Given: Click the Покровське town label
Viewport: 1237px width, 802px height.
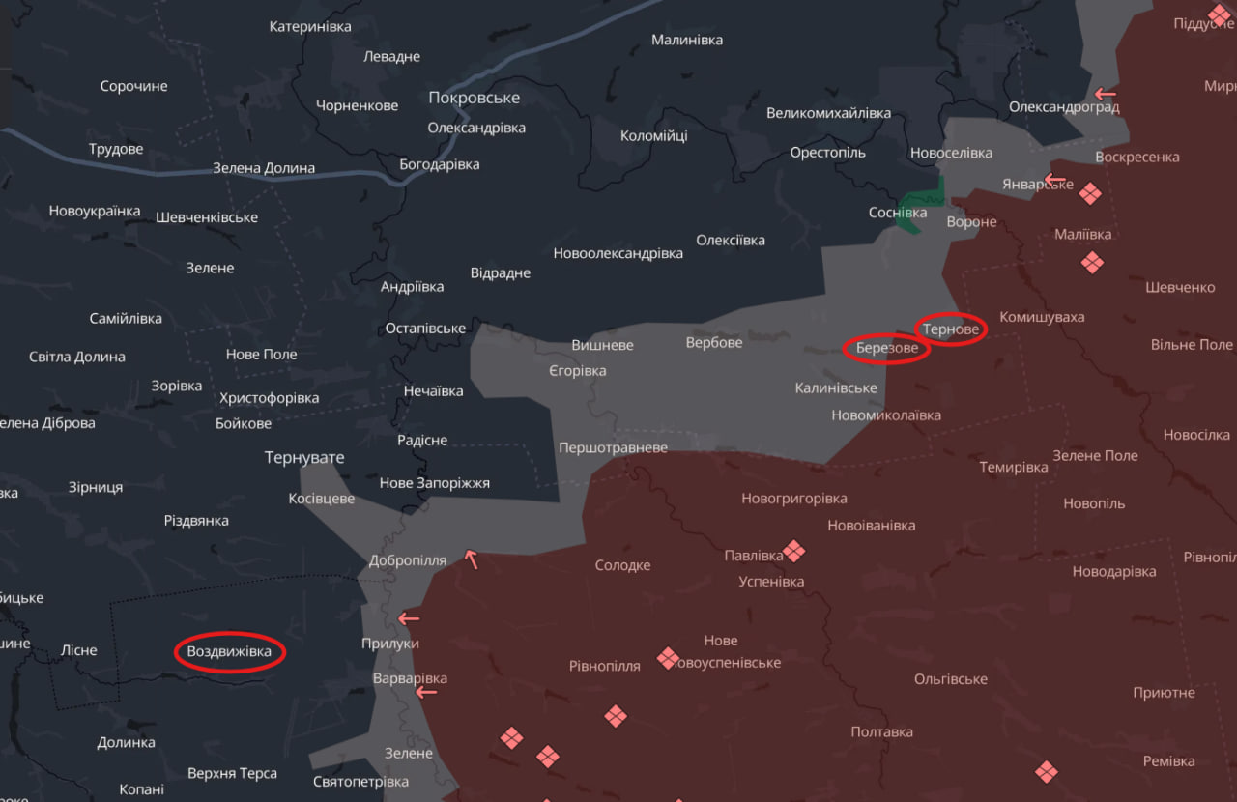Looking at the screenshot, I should point(474,98).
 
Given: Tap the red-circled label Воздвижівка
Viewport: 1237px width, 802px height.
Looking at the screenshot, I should point(230,652).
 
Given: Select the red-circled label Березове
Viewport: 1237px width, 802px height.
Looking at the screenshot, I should point(886,348).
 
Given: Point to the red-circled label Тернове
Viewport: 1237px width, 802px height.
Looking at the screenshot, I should point(951,329).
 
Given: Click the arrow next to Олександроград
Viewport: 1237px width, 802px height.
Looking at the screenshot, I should point(1105,94).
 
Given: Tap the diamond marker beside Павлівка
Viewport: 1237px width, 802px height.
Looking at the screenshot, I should point(794,551).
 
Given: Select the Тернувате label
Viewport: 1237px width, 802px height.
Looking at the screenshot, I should point(304,457).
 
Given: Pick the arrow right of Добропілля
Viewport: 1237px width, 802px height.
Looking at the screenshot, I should point(471,558).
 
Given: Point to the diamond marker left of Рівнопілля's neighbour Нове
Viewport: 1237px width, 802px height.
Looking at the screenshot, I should point(668,658).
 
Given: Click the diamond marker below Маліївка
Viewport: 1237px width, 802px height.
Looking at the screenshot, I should point(1092,262).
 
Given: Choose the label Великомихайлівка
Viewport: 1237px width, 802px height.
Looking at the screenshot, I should point(828,113).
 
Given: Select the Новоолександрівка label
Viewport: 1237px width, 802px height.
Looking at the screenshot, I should point(618,253).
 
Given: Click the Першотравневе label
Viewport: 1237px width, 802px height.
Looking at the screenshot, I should point(613,448).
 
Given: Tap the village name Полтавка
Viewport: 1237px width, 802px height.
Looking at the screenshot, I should point(881,731).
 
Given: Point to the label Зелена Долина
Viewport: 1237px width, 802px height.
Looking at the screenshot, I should point(264,168).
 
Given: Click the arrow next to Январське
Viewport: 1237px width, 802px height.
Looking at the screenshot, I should point(1054,181).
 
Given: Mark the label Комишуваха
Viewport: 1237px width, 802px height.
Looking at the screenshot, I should point(1042,317).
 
